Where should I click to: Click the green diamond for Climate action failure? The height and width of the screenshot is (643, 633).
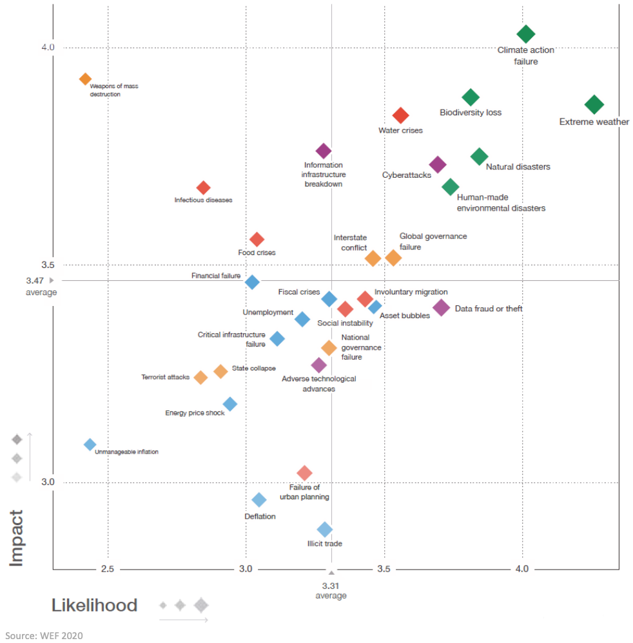(x=526, y=34)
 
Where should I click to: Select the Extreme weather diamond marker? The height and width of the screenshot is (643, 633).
(x=594, y=104)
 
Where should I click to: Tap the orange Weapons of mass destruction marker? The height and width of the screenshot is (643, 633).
(x=85, y=79)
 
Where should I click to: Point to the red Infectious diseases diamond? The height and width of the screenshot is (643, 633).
(x=203, y=187)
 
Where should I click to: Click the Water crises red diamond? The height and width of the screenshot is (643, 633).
(x=400, y=116)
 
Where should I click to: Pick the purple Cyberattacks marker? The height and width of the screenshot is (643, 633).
(x=438, y=164)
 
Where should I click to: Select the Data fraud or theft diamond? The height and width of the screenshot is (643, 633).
(x=441, y=307)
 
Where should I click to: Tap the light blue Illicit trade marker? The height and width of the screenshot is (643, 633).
(x=325, y=530)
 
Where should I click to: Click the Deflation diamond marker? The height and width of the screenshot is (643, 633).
(x=259, y=500)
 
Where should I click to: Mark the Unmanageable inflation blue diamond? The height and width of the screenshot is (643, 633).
(x=90, y=445)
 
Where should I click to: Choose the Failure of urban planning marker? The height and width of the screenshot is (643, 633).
(x=304, y=474)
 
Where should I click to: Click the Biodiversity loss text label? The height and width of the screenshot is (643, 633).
(x=471, y=113)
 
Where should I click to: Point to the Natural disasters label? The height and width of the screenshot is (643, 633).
(x=518, y=167)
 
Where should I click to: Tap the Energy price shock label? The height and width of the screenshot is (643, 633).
(x=195, y=413)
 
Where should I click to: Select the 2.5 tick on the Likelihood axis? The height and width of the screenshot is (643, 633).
(x=108, y=569)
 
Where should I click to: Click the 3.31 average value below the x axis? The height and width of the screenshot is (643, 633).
(x=331, y=586)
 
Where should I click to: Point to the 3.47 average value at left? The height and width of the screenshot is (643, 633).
(x=35, y=281)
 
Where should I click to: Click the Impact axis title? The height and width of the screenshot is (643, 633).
(x=17, y=538)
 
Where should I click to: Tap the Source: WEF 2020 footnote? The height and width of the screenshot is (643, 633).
(x=45, y=635)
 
